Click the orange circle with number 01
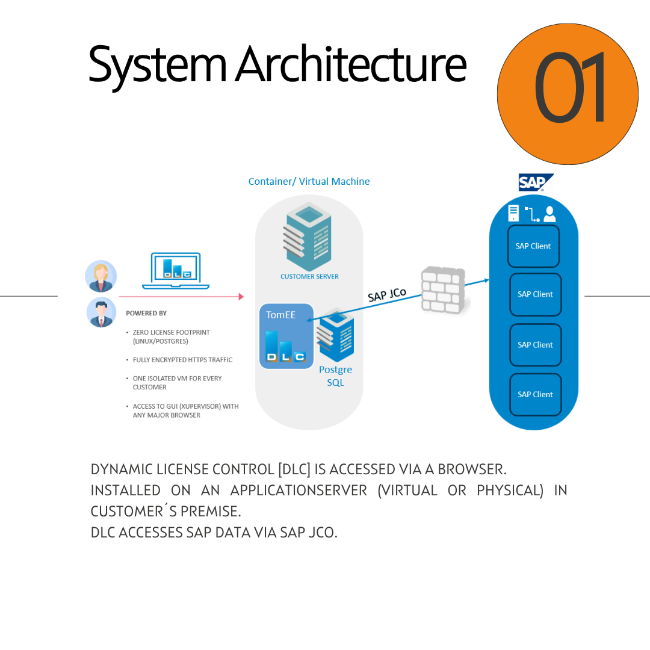click(567, 94)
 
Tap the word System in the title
click(157, 65)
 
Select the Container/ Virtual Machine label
click(309, 181)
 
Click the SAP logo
click(534, 182)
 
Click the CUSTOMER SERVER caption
click(309, 277)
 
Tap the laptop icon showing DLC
click(176, 270)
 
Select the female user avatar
click(101, 276)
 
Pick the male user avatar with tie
click(101, 312)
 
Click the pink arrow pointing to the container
click(181, 297)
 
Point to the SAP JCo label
click(387, 295)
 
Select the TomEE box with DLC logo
click(286, 336)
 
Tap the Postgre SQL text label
click(335, 376)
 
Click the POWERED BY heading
click(146, 314)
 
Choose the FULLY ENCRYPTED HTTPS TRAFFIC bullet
click(182, 360)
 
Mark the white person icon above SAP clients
click(549, 214)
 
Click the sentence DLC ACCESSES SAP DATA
click(214, 532)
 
